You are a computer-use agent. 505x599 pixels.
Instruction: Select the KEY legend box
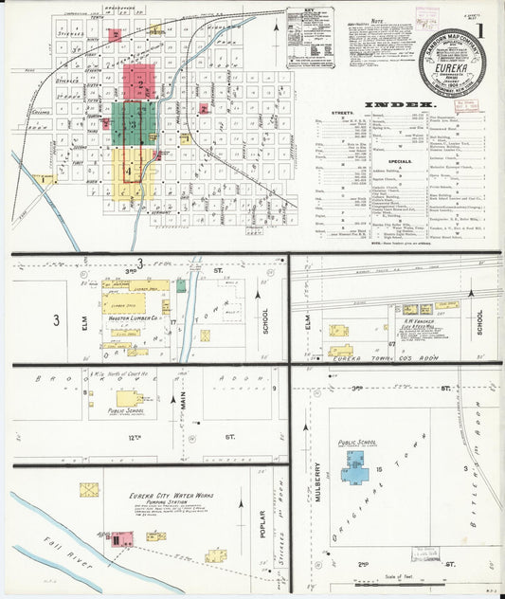[310, 36]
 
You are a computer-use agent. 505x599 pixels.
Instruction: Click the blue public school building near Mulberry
[356, 467]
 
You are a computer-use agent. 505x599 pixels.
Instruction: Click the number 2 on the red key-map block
[141, 84]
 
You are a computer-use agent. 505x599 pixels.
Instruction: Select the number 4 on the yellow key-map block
[127, 172]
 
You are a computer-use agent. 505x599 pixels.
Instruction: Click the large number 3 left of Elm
[56, 320]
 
